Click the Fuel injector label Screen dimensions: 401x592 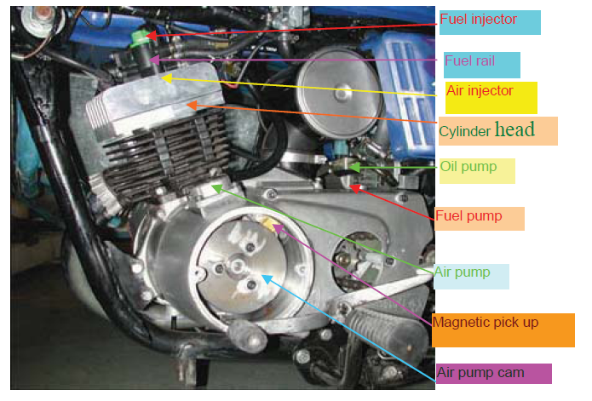(x=479, y=20)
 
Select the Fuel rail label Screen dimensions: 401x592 (x=469, y=61)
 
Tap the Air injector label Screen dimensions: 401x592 (x=480, y=90)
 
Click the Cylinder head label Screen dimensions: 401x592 (x=487, y=130)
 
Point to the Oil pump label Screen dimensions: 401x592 (x=468, y=167)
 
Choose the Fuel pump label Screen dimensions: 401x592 (x=468, y=216)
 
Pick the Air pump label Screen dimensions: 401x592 (x=463, y=272)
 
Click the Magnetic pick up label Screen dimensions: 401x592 (x=486, y=324)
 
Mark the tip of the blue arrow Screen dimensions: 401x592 (x=264, y=276)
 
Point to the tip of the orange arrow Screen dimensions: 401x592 (x=189, y=105)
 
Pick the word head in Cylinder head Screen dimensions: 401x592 (x=514, y=130)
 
